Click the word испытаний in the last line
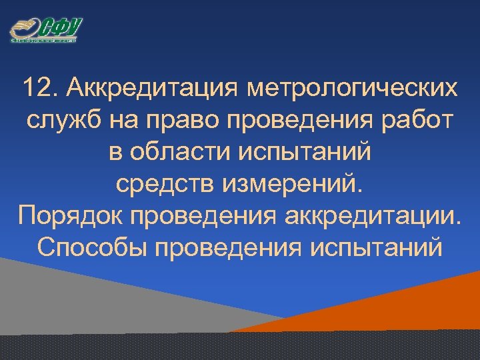(x=376, y=248)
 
